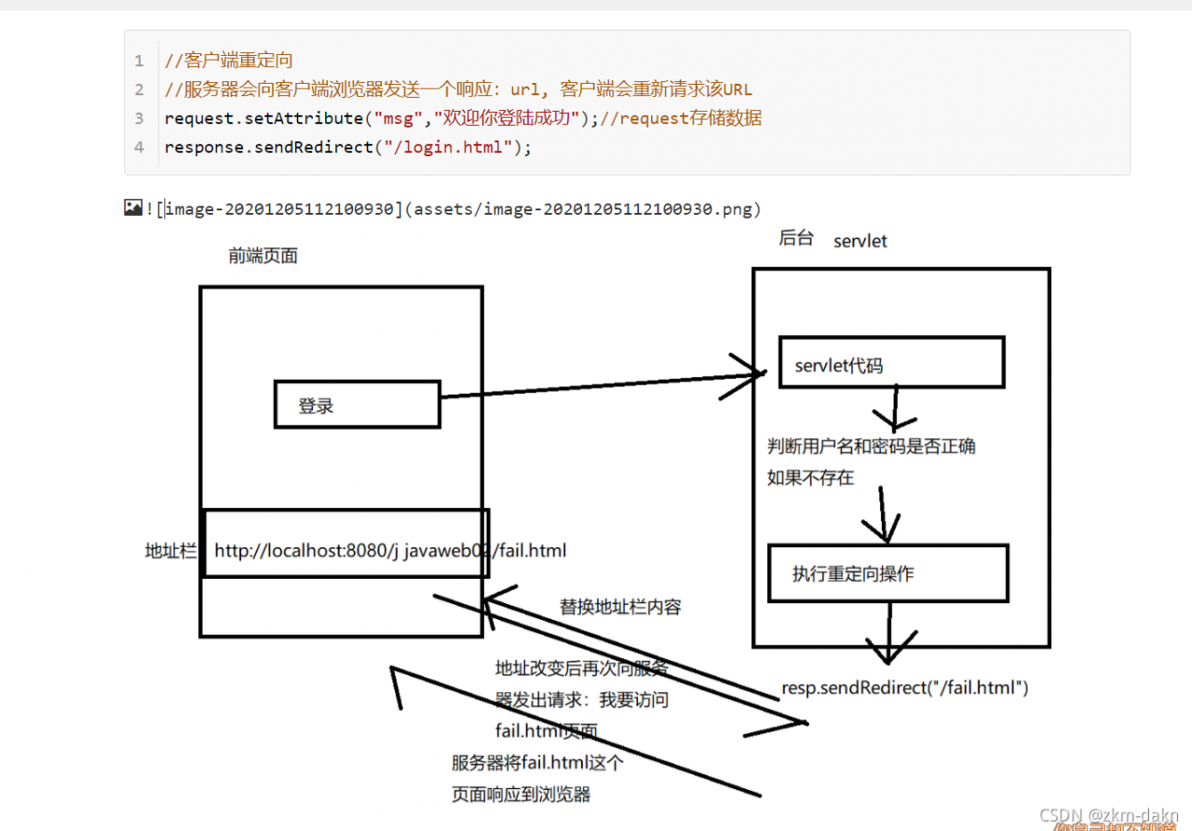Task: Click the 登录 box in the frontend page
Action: click(357, 405)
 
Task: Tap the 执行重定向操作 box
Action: click(887, 573)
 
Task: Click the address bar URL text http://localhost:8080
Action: click(306, 551)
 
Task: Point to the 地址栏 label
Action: click(170, 551)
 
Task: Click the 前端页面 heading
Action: click(264, 255)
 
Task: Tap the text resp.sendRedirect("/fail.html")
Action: click(905, 689)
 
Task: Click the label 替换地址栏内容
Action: click(620, 607)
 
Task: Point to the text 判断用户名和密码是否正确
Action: click(871, 446)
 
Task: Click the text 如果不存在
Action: click(810, 477)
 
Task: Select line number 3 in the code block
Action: click(140, 118)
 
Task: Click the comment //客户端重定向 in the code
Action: click(228, 60)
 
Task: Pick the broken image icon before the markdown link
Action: click(133, 208)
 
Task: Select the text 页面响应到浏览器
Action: click(521, 794)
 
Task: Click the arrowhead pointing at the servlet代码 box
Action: click(749, 374)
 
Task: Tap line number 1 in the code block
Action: click(140, 60)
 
